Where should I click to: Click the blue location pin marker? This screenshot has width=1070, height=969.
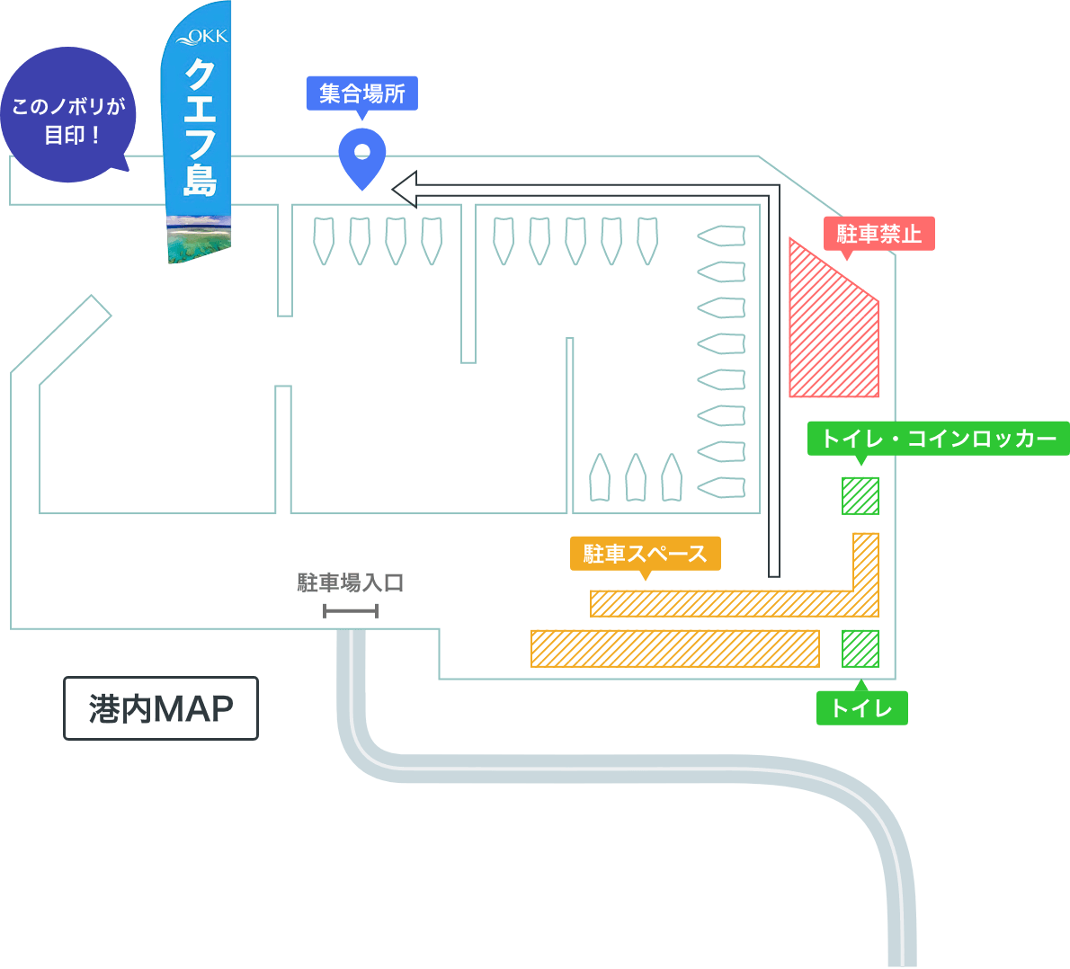coord(362,158)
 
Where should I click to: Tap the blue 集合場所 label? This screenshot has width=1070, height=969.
coord(362,94)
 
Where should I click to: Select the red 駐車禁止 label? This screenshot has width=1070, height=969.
coord(879,234)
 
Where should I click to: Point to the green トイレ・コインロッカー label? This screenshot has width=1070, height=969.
coord(939,438)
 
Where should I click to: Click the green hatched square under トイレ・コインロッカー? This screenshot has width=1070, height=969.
coord(860,496)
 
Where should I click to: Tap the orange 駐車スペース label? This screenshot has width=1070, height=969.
coord(645,554)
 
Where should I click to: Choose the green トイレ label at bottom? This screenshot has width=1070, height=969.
coord(862,707)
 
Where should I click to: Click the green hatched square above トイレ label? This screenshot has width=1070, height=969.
coord(860,649)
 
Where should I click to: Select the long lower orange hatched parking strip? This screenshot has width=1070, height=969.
coord(675,649)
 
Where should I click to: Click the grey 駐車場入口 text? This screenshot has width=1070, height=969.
coord(350,582)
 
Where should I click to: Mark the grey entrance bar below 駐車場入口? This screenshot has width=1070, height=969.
coord(351,610)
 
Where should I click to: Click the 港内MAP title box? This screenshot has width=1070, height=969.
coord(161,708)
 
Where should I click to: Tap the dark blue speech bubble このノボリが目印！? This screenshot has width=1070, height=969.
coord(68,115)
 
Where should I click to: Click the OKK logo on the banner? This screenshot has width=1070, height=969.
coord(202,37)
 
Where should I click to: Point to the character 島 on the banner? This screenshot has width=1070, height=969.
coord(200,180)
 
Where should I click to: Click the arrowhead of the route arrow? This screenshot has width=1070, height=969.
coord(404,190)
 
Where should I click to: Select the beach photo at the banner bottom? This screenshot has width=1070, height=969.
coord(200,239)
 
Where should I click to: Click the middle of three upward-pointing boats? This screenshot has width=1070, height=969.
coord(636,477)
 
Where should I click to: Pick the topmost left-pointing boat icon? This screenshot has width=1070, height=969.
coord(720,236)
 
